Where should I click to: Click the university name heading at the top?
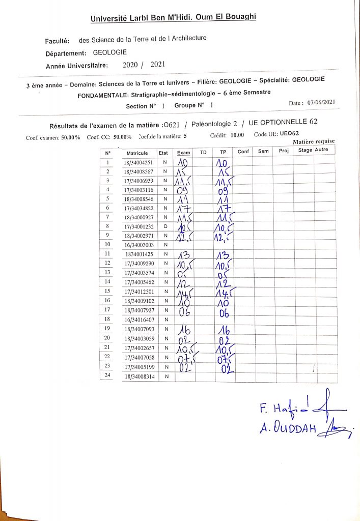173,18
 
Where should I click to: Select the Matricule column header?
137,153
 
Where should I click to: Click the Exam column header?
183,153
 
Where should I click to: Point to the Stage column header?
305,150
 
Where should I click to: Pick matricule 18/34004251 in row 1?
138,162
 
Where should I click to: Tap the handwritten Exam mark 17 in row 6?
183,208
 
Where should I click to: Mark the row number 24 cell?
107,377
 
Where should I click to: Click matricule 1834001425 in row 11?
137,254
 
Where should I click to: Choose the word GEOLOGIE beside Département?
110,52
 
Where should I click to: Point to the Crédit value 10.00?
237,135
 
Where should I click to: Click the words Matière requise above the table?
314,141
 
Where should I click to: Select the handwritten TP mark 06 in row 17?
224,311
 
